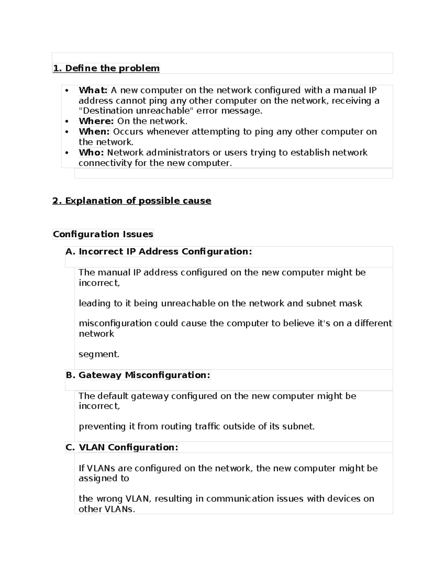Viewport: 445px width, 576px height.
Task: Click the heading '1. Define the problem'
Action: [x=106, y=68]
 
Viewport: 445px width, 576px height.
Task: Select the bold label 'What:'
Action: [x=93, y=90]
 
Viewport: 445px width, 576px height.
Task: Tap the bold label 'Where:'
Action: [x=96, y=121]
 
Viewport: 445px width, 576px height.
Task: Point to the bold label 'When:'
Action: [x=94, y=132]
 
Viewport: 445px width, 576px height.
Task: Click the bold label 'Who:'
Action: [x=91, y=152]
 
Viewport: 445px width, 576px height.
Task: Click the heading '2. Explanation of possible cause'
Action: [x=132, y=201]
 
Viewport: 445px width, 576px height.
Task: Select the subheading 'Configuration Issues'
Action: [x=103, y=234]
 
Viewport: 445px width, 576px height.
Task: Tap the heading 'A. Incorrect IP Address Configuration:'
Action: [x=158, y=251]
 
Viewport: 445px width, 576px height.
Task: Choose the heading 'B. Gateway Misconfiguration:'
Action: [x=138, y=375]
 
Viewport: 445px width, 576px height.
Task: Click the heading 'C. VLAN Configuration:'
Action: [x=122, y=447]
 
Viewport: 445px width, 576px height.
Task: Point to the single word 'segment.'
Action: [x=99, y=354]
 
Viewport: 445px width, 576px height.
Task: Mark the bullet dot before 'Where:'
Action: [x=67, y=121]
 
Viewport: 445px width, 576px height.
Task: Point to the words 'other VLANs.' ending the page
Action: [x=107, y=509]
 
